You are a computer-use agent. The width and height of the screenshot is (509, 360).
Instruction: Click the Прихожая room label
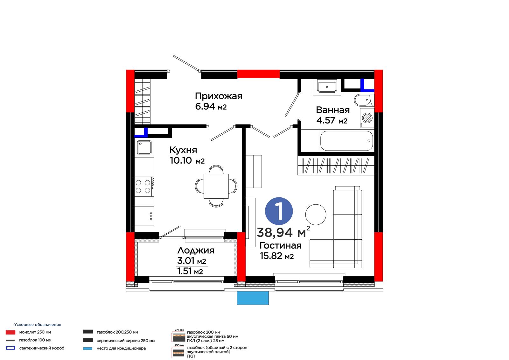219,96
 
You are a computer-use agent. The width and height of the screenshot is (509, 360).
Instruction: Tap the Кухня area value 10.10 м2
187,160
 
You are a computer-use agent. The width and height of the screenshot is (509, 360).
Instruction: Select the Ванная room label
333,110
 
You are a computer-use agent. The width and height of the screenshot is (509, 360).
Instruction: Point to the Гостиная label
281,246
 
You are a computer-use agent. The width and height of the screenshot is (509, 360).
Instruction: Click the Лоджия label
196,251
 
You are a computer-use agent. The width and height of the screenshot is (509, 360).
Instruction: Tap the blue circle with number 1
279,211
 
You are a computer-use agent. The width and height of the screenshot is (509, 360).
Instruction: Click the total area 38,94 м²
283,232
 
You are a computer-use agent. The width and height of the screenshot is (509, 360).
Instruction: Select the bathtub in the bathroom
346,141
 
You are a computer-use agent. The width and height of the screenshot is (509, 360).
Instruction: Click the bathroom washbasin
327,87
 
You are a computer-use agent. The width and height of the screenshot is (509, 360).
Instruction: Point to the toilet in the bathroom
364,100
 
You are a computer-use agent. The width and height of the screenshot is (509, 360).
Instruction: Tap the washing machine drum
367,118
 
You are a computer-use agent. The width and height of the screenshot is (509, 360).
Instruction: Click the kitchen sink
144,147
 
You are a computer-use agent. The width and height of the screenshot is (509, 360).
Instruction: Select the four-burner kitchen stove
144,187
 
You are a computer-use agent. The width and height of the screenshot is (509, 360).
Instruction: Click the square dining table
216,186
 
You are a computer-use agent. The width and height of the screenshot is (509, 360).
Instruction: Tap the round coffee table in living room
316,215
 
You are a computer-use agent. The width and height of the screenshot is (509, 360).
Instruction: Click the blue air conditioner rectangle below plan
253,298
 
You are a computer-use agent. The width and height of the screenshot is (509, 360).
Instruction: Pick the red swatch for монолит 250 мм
10,332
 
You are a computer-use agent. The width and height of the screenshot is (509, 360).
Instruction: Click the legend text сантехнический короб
42,348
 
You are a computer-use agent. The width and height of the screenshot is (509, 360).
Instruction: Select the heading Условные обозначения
38,325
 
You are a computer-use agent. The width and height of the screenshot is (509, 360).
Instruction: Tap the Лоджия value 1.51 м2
190,271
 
